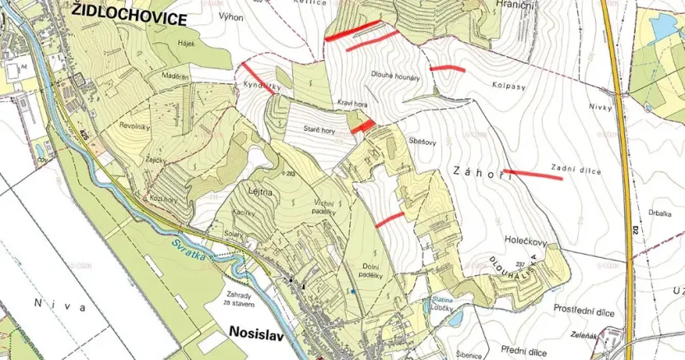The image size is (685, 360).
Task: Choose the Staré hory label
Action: click(x=320, y=130)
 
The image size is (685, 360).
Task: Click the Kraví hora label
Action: click(x=352, y=104)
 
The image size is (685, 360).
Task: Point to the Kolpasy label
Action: click(x=510, y=84)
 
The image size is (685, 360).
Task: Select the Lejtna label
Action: click(x=259, y=189)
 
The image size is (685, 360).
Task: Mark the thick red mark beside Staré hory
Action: click(x=363, y=126)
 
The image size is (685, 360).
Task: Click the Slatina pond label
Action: click(x=443, y=302)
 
